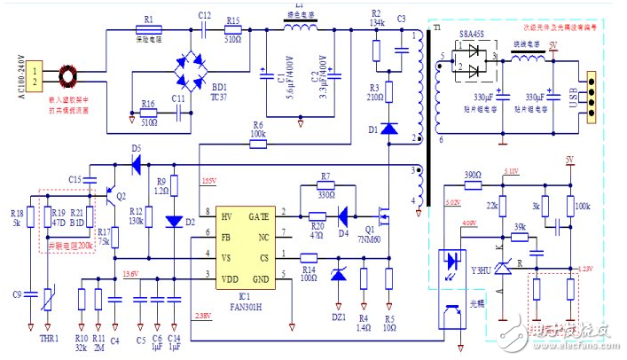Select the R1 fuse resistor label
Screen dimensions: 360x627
point(148,20)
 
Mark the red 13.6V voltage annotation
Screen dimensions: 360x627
point(130,273)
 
